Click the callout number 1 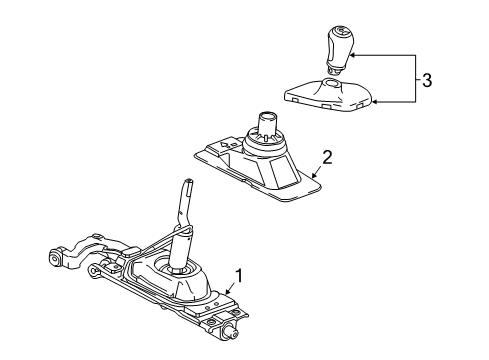click(238, 273)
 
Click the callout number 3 click(428, 80)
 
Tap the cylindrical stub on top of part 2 click(268, 128)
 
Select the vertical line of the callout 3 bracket click(414, 80)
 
